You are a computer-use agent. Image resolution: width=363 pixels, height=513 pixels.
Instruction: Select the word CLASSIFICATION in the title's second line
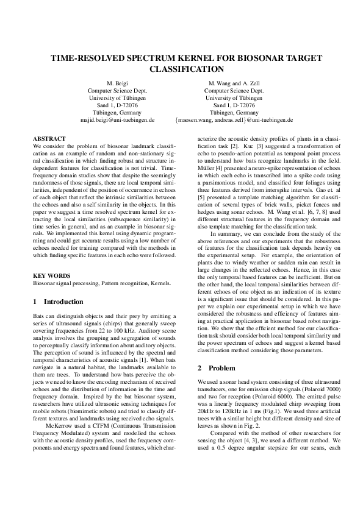point(181,69)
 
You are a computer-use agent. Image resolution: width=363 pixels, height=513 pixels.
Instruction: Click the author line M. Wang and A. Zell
point(234,82)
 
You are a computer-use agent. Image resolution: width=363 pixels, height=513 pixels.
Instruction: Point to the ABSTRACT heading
point(49,139)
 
